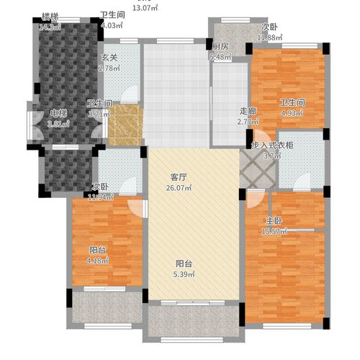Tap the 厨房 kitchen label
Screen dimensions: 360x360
(x=220, y=46)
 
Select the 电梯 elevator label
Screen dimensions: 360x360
(x=59, y=112)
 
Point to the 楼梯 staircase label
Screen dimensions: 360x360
(x=50, y=17)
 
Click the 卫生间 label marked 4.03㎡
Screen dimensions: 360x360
(x=112, y=14)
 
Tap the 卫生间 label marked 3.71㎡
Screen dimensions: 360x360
(x=99, y=104)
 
